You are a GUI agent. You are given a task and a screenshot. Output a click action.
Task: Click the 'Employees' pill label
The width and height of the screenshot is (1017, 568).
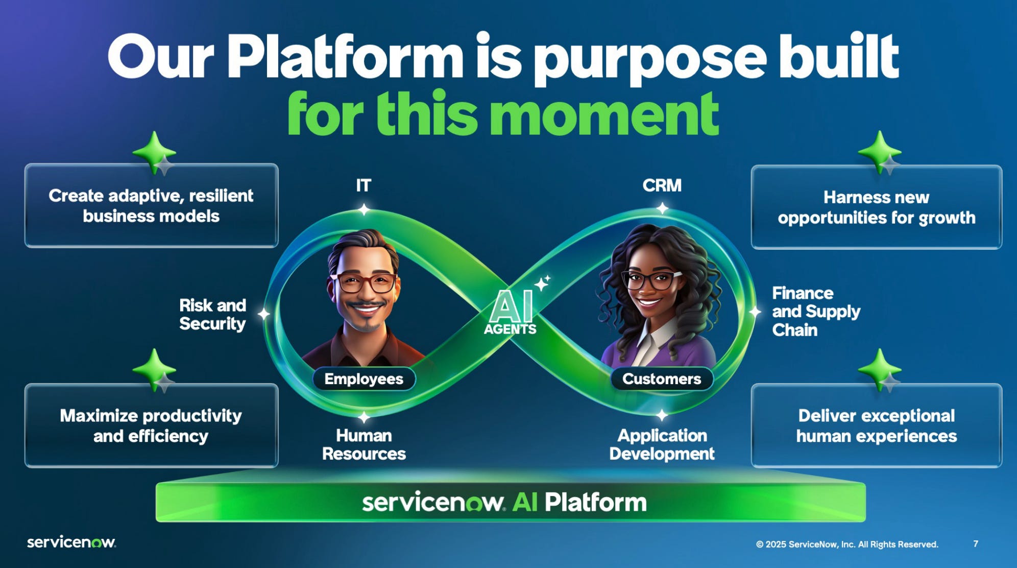[x=364, y=379]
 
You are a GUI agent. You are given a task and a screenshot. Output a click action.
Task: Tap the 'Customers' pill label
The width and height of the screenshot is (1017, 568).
[x=662, y=379]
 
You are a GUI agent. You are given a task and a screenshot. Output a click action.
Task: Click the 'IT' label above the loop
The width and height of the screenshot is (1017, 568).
[x=364, y=185]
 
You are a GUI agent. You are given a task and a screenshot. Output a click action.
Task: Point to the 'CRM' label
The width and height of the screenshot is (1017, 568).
[x=662, y=185]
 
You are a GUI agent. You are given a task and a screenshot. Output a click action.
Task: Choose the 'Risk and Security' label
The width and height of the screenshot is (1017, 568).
[x=212, y=314]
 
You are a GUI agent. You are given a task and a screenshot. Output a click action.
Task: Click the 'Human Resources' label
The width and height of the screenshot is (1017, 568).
[x=364, y=444]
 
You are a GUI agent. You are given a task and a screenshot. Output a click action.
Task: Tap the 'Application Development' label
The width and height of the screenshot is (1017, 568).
[x=662, y=444]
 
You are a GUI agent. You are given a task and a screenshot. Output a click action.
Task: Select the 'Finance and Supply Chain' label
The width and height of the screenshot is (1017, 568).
[x=815, y=312]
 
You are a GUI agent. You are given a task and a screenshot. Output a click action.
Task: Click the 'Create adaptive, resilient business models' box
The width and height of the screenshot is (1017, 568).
[x=151, y=206]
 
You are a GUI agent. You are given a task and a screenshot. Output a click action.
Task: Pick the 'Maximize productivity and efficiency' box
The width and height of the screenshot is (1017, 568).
[x=151, y=425]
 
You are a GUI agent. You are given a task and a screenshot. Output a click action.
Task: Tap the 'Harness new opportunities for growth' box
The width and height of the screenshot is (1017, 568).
[x=876, y=207]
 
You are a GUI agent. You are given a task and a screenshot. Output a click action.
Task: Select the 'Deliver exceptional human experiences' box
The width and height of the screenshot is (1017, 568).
[x=876, y=425]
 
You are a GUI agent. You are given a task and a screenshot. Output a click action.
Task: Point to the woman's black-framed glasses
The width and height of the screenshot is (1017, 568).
[x=651, y=280]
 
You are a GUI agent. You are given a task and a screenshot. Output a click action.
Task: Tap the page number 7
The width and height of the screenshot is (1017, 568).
[x=976, y=543]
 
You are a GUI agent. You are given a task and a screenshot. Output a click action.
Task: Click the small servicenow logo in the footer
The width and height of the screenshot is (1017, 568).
[x=71, y=542]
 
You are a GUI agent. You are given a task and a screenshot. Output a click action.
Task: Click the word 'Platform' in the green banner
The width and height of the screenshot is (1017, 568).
[x=595, y=503]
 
